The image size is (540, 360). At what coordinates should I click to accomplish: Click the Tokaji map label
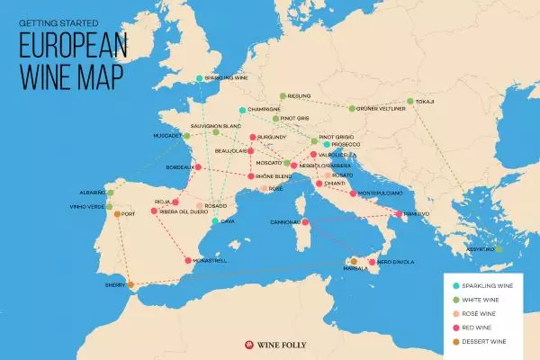(x=425, y=102)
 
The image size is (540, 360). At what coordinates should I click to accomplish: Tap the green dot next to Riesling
(x=283, y=95)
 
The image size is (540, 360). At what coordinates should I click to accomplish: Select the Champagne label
(x=264, y=110)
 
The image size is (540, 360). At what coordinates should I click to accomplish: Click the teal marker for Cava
(x=214, y=220)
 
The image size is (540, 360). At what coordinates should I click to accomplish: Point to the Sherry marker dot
(x=130, y=285)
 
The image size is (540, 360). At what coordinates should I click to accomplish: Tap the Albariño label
(x=91, y=193)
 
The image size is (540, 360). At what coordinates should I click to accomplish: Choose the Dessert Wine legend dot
(x=456, y=342)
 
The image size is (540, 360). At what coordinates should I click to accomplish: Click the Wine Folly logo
(x=270, y=343)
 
